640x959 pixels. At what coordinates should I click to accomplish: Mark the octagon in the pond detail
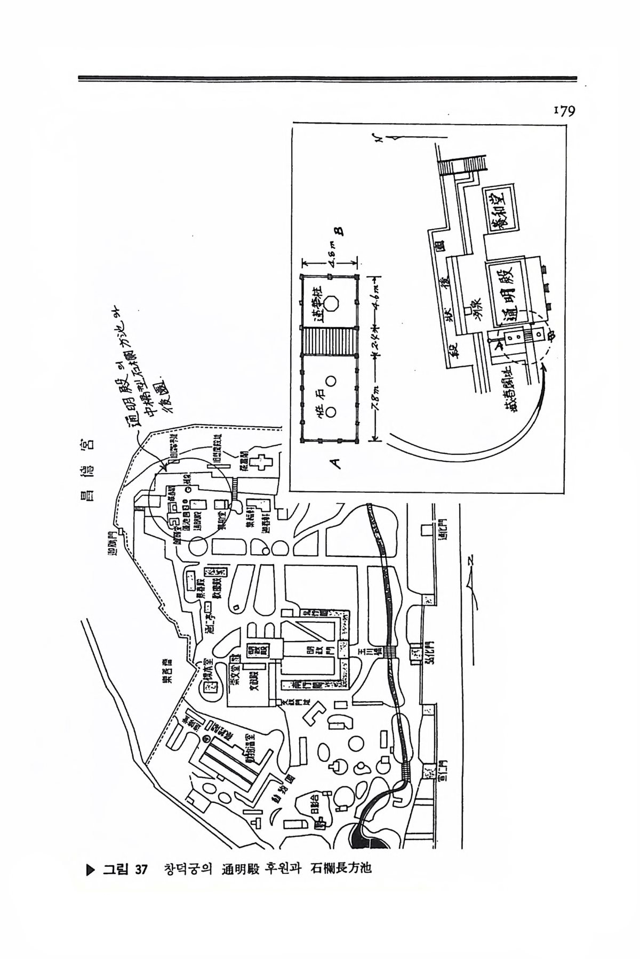pos(332,302)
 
